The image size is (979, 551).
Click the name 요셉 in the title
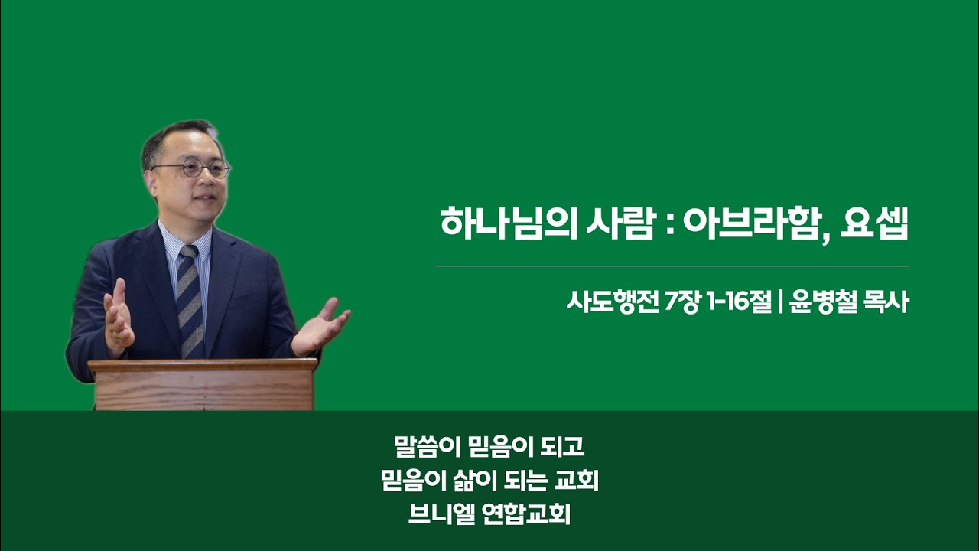coord(874,223)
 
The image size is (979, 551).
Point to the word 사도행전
coord(613,302)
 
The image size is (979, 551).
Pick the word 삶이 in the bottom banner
coord(476,481)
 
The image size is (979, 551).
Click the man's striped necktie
coord(190,302)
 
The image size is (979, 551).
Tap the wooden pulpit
coord(203,385)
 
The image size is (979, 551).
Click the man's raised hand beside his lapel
coord(119,318)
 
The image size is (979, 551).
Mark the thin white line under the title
coord(672,266)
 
